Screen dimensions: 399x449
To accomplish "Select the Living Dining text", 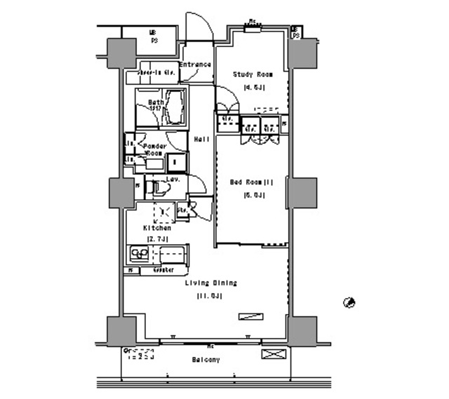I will (x=210, y=283).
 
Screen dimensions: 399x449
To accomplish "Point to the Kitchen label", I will (x=157, y=228).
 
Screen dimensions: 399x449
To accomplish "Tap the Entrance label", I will (x=195, y=65).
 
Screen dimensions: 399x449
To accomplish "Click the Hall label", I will (x=201, y=139).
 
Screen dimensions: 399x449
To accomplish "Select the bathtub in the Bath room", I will (x=175, y=108).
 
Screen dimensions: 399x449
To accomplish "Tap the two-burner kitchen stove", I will (x=137, y=255).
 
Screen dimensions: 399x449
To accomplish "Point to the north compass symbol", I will (x=348, y=302).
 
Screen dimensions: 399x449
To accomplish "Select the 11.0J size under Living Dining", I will (x=210, y=296).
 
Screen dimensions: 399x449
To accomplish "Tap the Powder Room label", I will (x=154, y=149).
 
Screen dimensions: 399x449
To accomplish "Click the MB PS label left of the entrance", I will (x=153, y=36).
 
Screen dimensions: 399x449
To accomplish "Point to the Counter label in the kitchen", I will (x=162, y=270).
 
